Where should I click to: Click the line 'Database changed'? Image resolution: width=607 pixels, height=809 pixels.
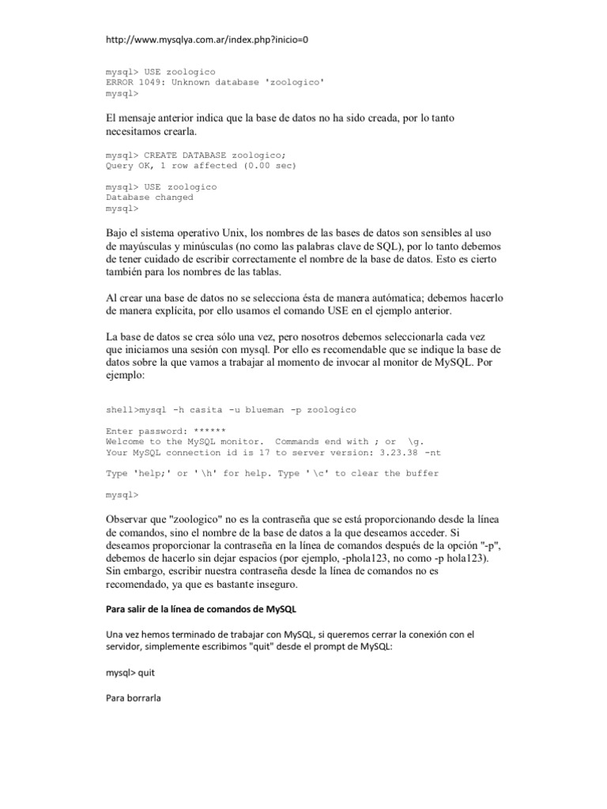click(x=149, y=198)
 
